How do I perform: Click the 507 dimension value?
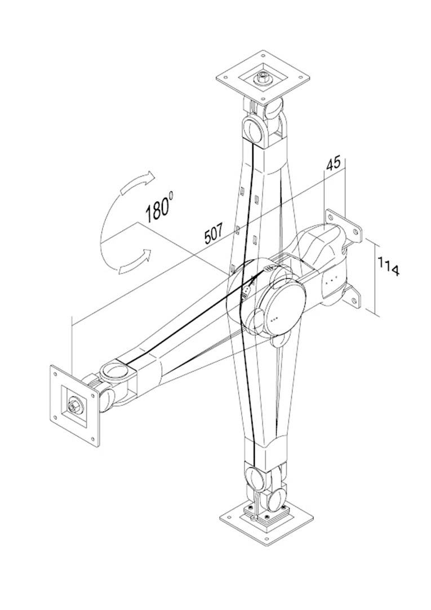[214, 232]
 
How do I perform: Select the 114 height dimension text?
[388, 266]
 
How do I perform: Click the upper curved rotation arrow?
[138, 183]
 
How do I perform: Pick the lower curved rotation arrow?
[135, 261]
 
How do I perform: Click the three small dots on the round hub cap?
[276, 319]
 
